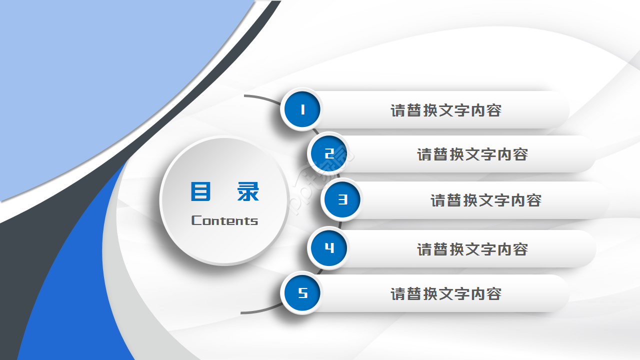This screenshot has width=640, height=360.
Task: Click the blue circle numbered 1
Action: pos(302,109)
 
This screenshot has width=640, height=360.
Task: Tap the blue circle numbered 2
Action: pos(328,153)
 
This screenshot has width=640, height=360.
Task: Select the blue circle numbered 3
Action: pos(342,200)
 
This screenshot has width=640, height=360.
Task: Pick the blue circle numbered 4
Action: pos(328,248)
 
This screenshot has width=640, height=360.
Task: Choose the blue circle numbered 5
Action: pos(302,293)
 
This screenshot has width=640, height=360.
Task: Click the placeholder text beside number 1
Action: pos(445,110)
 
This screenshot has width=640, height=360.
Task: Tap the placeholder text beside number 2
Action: pos(472,154)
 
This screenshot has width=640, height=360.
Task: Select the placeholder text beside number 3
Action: pos(485,200)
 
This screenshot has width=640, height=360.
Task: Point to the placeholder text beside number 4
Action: pos(472,249)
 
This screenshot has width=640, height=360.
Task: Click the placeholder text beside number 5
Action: pos(445,294)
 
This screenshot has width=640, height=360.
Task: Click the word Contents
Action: pos(224,220)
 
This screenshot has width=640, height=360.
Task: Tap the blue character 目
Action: pos(200,191)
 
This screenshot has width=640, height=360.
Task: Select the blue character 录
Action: pos(248,191)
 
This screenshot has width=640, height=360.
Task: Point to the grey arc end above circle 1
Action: pos(245,95)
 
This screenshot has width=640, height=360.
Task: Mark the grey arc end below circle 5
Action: pos(242,312)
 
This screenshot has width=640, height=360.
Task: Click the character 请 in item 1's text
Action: pos(398,110)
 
